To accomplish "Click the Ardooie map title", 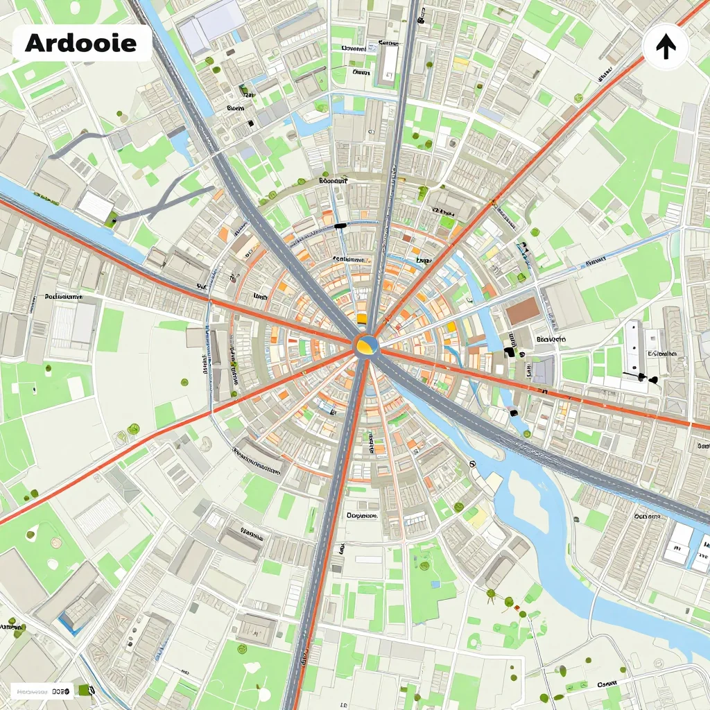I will coord(80,43).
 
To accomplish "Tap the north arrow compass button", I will coord(666,46).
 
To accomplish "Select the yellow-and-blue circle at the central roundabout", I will coord(366,345).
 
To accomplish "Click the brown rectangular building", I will coord(521,311).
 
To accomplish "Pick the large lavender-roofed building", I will coord(211,28).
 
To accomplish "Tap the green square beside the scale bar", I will coord(85,690).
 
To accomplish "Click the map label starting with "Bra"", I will coord(551,340).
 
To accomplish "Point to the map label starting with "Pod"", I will coord(64,297).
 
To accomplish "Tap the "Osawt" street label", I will coord(607,684).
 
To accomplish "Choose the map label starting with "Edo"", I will coord(332,180).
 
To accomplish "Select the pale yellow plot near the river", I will coord(477,517).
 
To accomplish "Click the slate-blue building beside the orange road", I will coord(544,370).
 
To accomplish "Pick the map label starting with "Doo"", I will coord(361,516).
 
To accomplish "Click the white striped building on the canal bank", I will coord(95,206).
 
